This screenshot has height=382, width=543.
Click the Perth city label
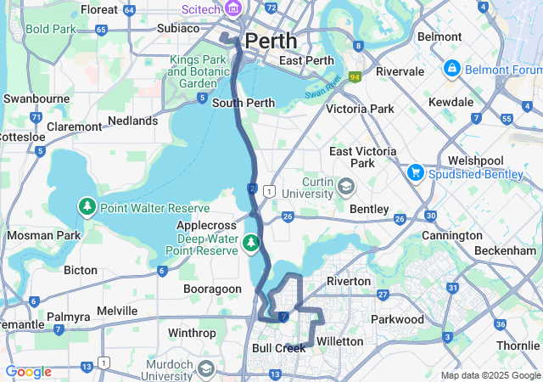coord(271,41)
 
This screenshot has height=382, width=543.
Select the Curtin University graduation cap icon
coord(345,185)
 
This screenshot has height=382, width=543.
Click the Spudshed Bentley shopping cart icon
coord(416,172)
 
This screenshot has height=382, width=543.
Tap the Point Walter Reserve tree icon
coord(87,207)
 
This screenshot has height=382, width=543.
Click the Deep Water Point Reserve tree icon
coord(250,244)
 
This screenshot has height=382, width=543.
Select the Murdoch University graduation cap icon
coord(206,368)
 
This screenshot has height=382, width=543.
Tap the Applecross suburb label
coord(204,226)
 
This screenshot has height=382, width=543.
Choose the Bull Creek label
coord(278,348)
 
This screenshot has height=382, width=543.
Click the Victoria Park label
coord(360,109)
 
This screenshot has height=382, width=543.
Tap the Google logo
coord(28,372)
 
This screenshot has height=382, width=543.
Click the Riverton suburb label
coord(348,281)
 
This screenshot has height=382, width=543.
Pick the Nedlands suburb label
coord(133,121)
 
